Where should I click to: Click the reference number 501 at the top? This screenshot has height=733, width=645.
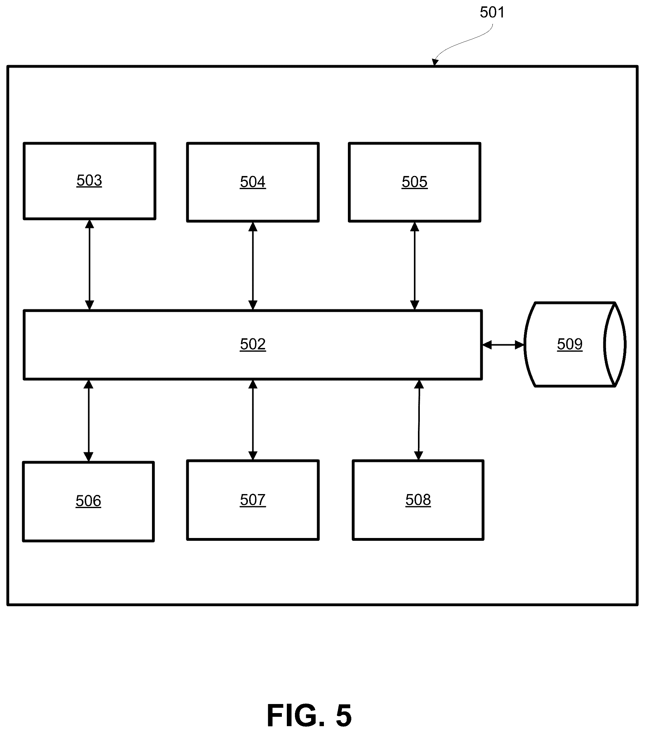(x=492, y=12)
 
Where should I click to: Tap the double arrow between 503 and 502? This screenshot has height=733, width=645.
(x=89, y=265)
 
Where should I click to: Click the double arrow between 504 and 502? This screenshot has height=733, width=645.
(x=253, y=266)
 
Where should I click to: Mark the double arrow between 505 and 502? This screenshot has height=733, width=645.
(x=415, y=266)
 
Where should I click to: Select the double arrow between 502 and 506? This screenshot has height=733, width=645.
(x=88, y=421)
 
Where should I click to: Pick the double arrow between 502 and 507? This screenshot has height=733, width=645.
(x=253, y=420)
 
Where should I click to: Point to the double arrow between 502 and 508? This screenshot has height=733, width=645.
(x=418, y=420)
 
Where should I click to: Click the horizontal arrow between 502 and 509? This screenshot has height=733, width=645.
(x=503, y=345)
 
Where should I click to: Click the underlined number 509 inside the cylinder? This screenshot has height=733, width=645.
(x=570, y=344)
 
